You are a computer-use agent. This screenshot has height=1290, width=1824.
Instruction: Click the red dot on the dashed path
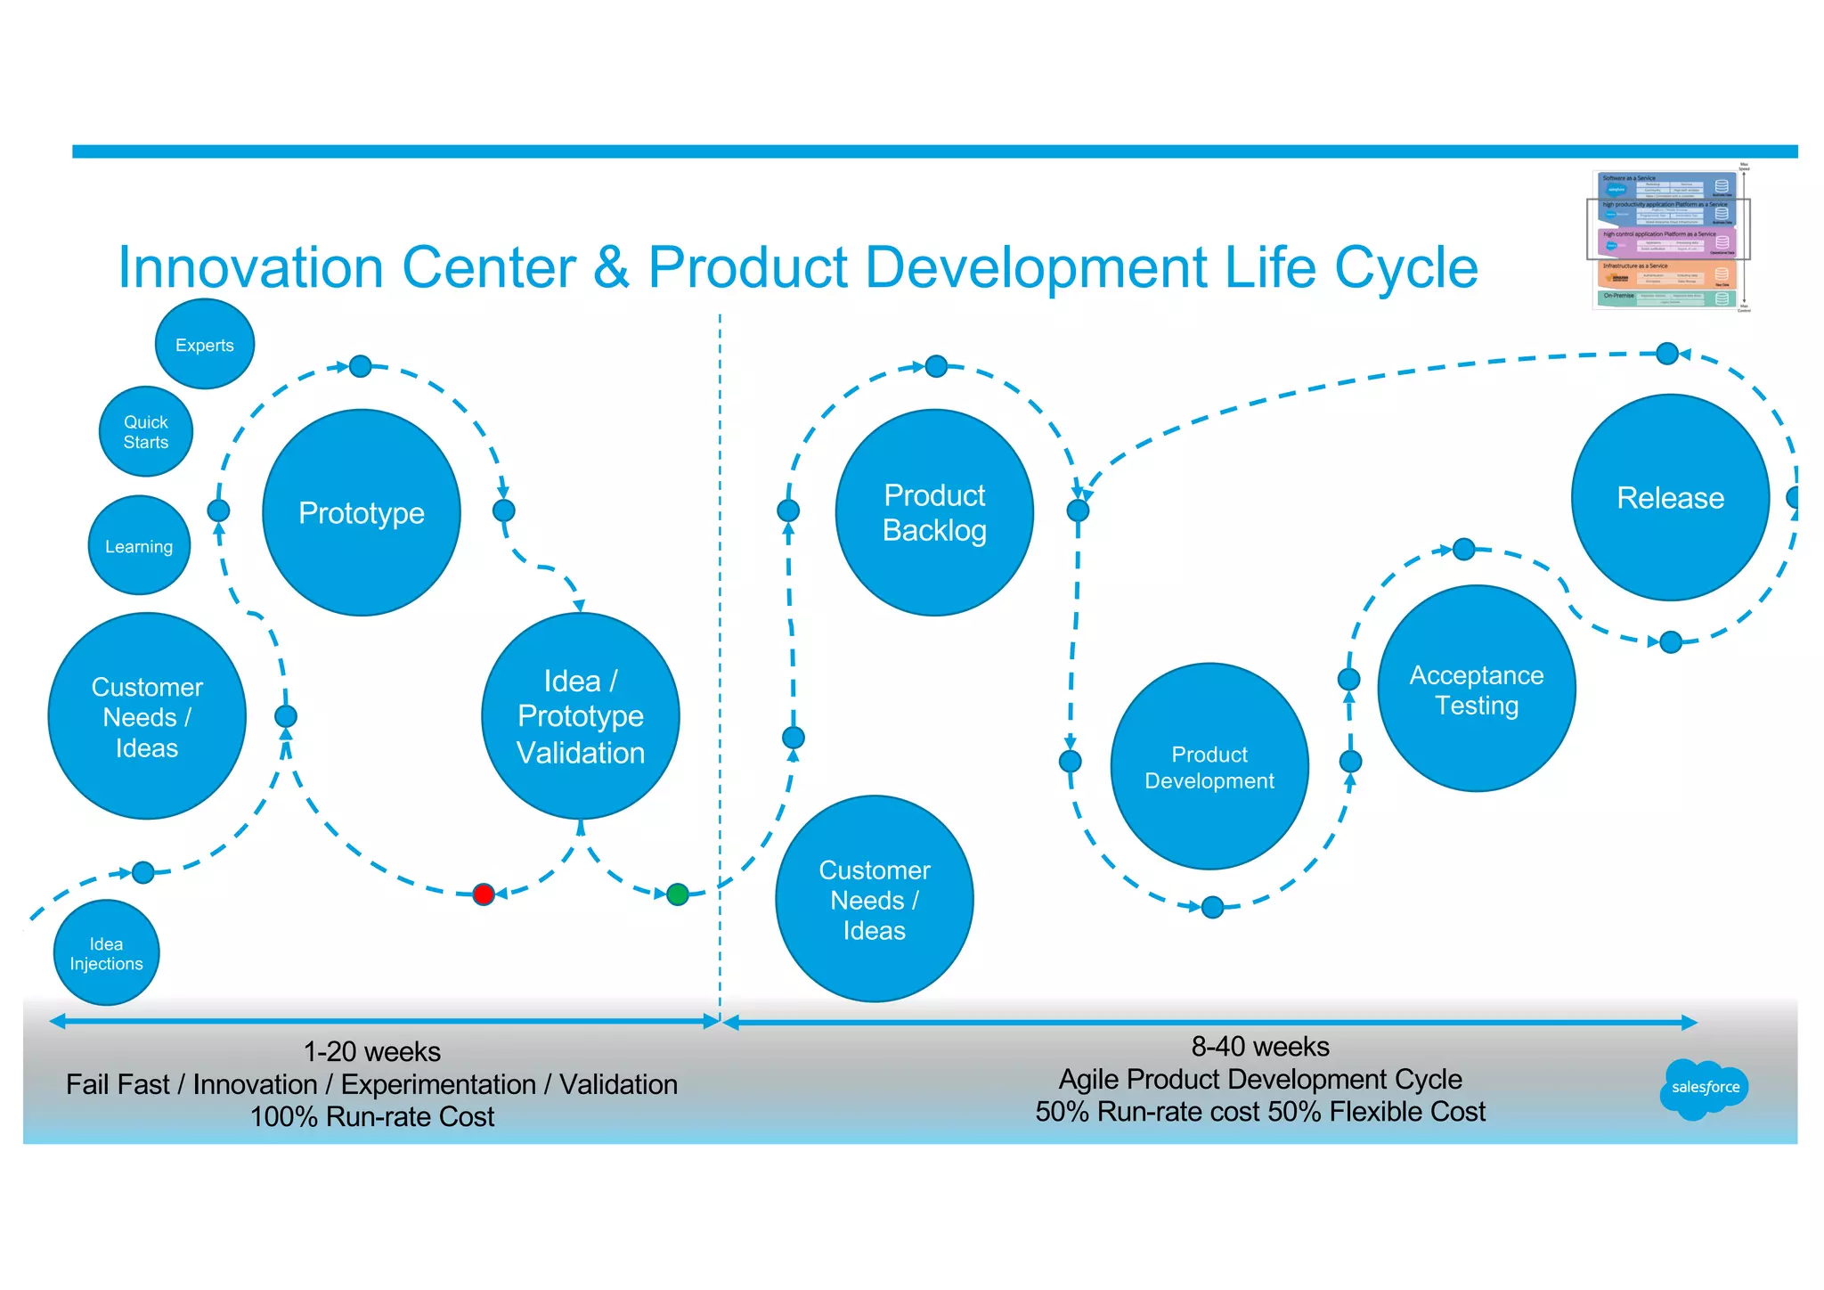point(484,894)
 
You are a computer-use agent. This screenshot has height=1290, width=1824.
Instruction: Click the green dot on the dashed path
point(678,894)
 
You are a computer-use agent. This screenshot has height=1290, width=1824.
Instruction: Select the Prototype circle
point(362,512)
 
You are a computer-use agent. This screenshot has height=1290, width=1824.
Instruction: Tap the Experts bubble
point(205,345)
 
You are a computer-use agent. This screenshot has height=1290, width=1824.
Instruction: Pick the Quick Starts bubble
point(146,431)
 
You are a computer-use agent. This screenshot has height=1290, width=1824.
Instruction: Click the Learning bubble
point(139,545)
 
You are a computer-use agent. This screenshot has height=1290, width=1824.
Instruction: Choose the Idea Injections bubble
point(106,953)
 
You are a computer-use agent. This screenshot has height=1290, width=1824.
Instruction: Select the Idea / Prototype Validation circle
point(581,715)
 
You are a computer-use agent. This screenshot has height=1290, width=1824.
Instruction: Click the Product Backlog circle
point(934,512)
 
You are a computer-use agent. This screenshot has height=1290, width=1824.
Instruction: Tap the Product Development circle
point(1209,766)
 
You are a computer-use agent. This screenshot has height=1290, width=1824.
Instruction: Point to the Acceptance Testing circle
point(1477,689)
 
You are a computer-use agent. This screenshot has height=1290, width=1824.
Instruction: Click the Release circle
point(1670,497)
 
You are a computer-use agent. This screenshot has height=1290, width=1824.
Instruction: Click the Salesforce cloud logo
point(1705,1088)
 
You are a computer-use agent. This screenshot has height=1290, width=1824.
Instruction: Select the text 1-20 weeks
point(372,1051)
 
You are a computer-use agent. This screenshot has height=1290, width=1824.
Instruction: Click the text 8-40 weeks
point(1260,1046)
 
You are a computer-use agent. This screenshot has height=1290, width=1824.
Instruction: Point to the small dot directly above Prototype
point(361,366)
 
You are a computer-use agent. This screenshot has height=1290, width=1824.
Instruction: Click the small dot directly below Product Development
point(1212,907)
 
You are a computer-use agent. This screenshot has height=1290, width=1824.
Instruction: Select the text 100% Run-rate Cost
point(372,1116)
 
